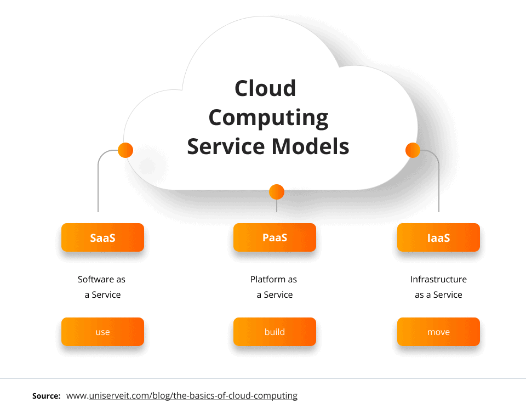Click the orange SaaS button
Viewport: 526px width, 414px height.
(x=102, y=237)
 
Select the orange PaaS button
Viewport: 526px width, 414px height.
(x=275, y=237)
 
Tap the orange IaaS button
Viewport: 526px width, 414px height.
(x=438, y=237)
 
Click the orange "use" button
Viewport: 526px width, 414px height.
(x=102, y=332)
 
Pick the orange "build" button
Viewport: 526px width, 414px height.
(x=275, y=332)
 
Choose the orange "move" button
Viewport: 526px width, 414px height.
(x=438, y=332)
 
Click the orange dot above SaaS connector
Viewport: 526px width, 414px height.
(x=125, y=150)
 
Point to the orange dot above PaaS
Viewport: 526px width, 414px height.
(x=277, y=191)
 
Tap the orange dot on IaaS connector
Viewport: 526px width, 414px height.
(x=412, y=150)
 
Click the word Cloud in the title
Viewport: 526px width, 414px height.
(x=265, y=88)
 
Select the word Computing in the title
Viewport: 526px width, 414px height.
(x=268, y=117)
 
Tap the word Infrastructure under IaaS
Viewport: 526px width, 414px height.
(x=438, y=280)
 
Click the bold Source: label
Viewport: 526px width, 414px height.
(x=46, y=396)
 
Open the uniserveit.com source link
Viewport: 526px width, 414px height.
(x=182, y=396)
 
